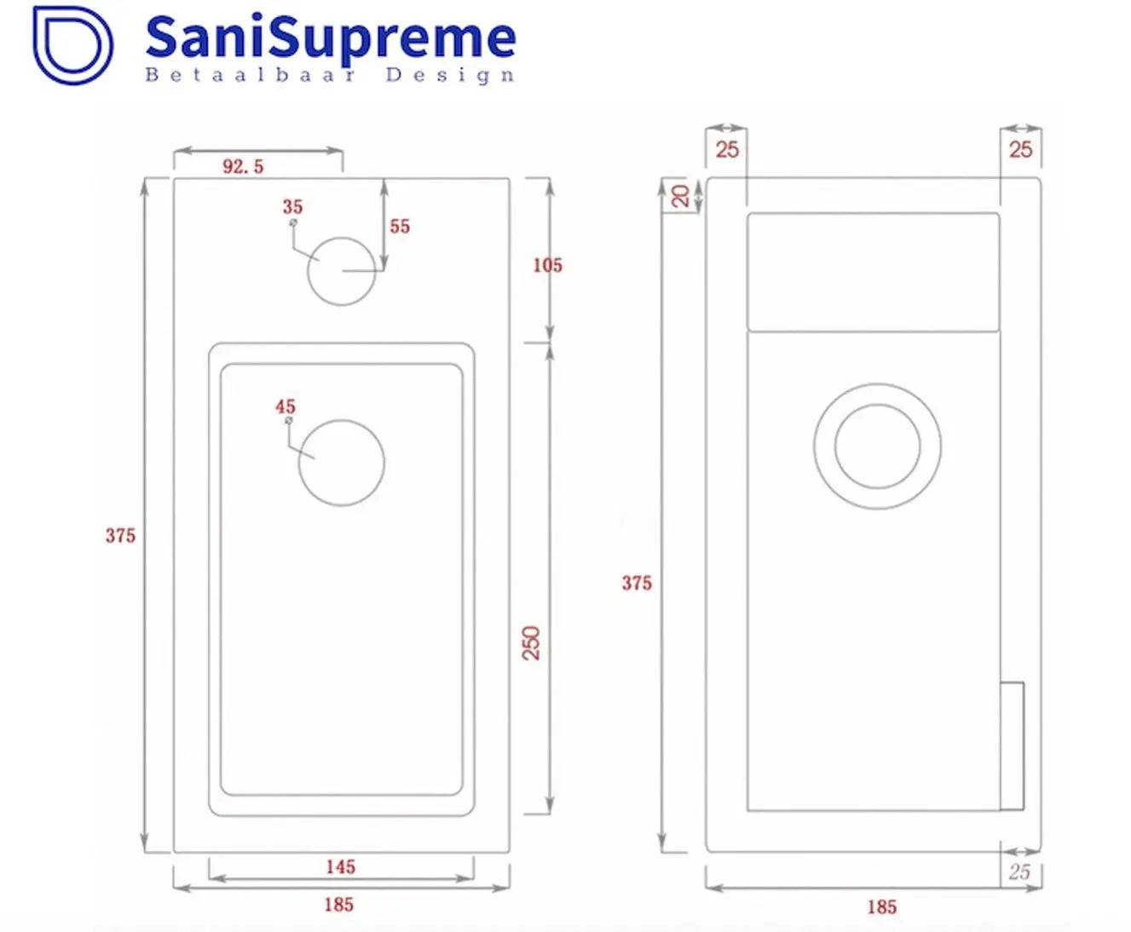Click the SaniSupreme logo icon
(72, 44)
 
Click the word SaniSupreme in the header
(330, 37)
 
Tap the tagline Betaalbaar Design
(330, 75)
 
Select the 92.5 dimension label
(243, 167)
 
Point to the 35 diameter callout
(292, 207)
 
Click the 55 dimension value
(400, 227)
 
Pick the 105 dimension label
(547, 266)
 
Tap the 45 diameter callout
(286, 407)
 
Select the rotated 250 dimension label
(532, 642)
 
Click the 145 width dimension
(340, 867)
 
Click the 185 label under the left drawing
(338, 905)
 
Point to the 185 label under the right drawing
(881, 907)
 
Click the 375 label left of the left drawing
(120, 536)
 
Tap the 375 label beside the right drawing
(636, 584)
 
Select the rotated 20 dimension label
(681, 196)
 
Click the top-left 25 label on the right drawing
(727, 150)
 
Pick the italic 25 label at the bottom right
(1019, 872)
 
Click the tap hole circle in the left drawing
(342, 271)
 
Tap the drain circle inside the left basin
(342, 463)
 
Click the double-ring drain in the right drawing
(877, 446)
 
